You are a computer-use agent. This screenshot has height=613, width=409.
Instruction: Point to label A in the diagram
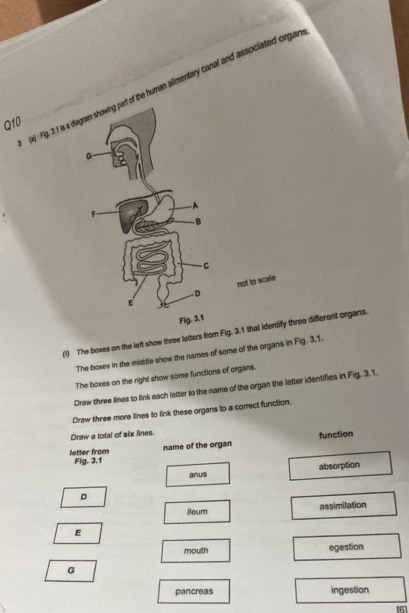(196, 205)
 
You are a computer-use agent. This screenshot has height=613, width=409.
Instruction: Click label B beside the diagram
(198, 222)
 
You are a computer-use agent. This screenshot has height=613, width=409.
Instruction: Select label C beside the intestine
(206, 266)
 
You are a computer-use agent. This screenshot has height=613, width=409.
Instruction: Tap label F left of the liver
(93, 214)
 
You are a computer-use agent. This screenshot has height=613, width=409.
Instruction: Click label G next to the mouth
(89, 157)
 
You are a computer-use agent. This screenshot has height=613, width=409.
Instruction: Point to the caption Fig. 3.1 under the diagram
(192, 320)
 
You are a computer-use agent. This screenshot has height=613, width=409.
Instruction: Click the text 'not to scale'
(257, 281)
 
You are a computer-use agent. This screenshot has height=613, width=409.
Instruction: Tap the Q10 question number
(12, 124)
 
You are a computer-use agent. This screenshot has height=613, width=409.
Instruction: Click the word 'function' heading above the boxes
(336, 434)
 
